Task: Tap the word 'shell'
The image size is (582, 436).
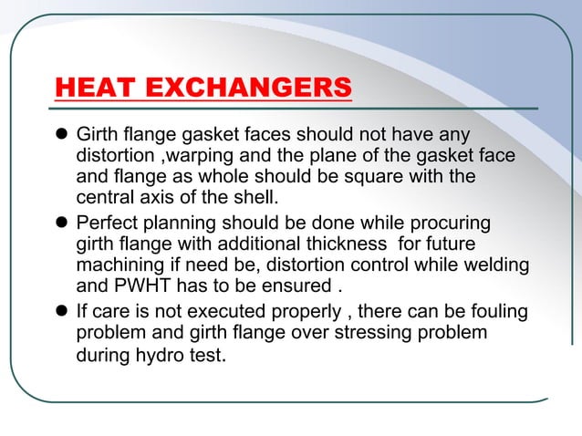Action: [x=255, y=198]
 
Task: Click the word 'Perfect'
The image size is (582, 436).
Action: [x=109, y=223]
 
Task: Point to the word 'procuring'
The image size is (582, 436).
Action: [x=452, y=223]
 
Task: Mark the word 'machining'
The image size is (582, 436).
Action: [x=117, y=265]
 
